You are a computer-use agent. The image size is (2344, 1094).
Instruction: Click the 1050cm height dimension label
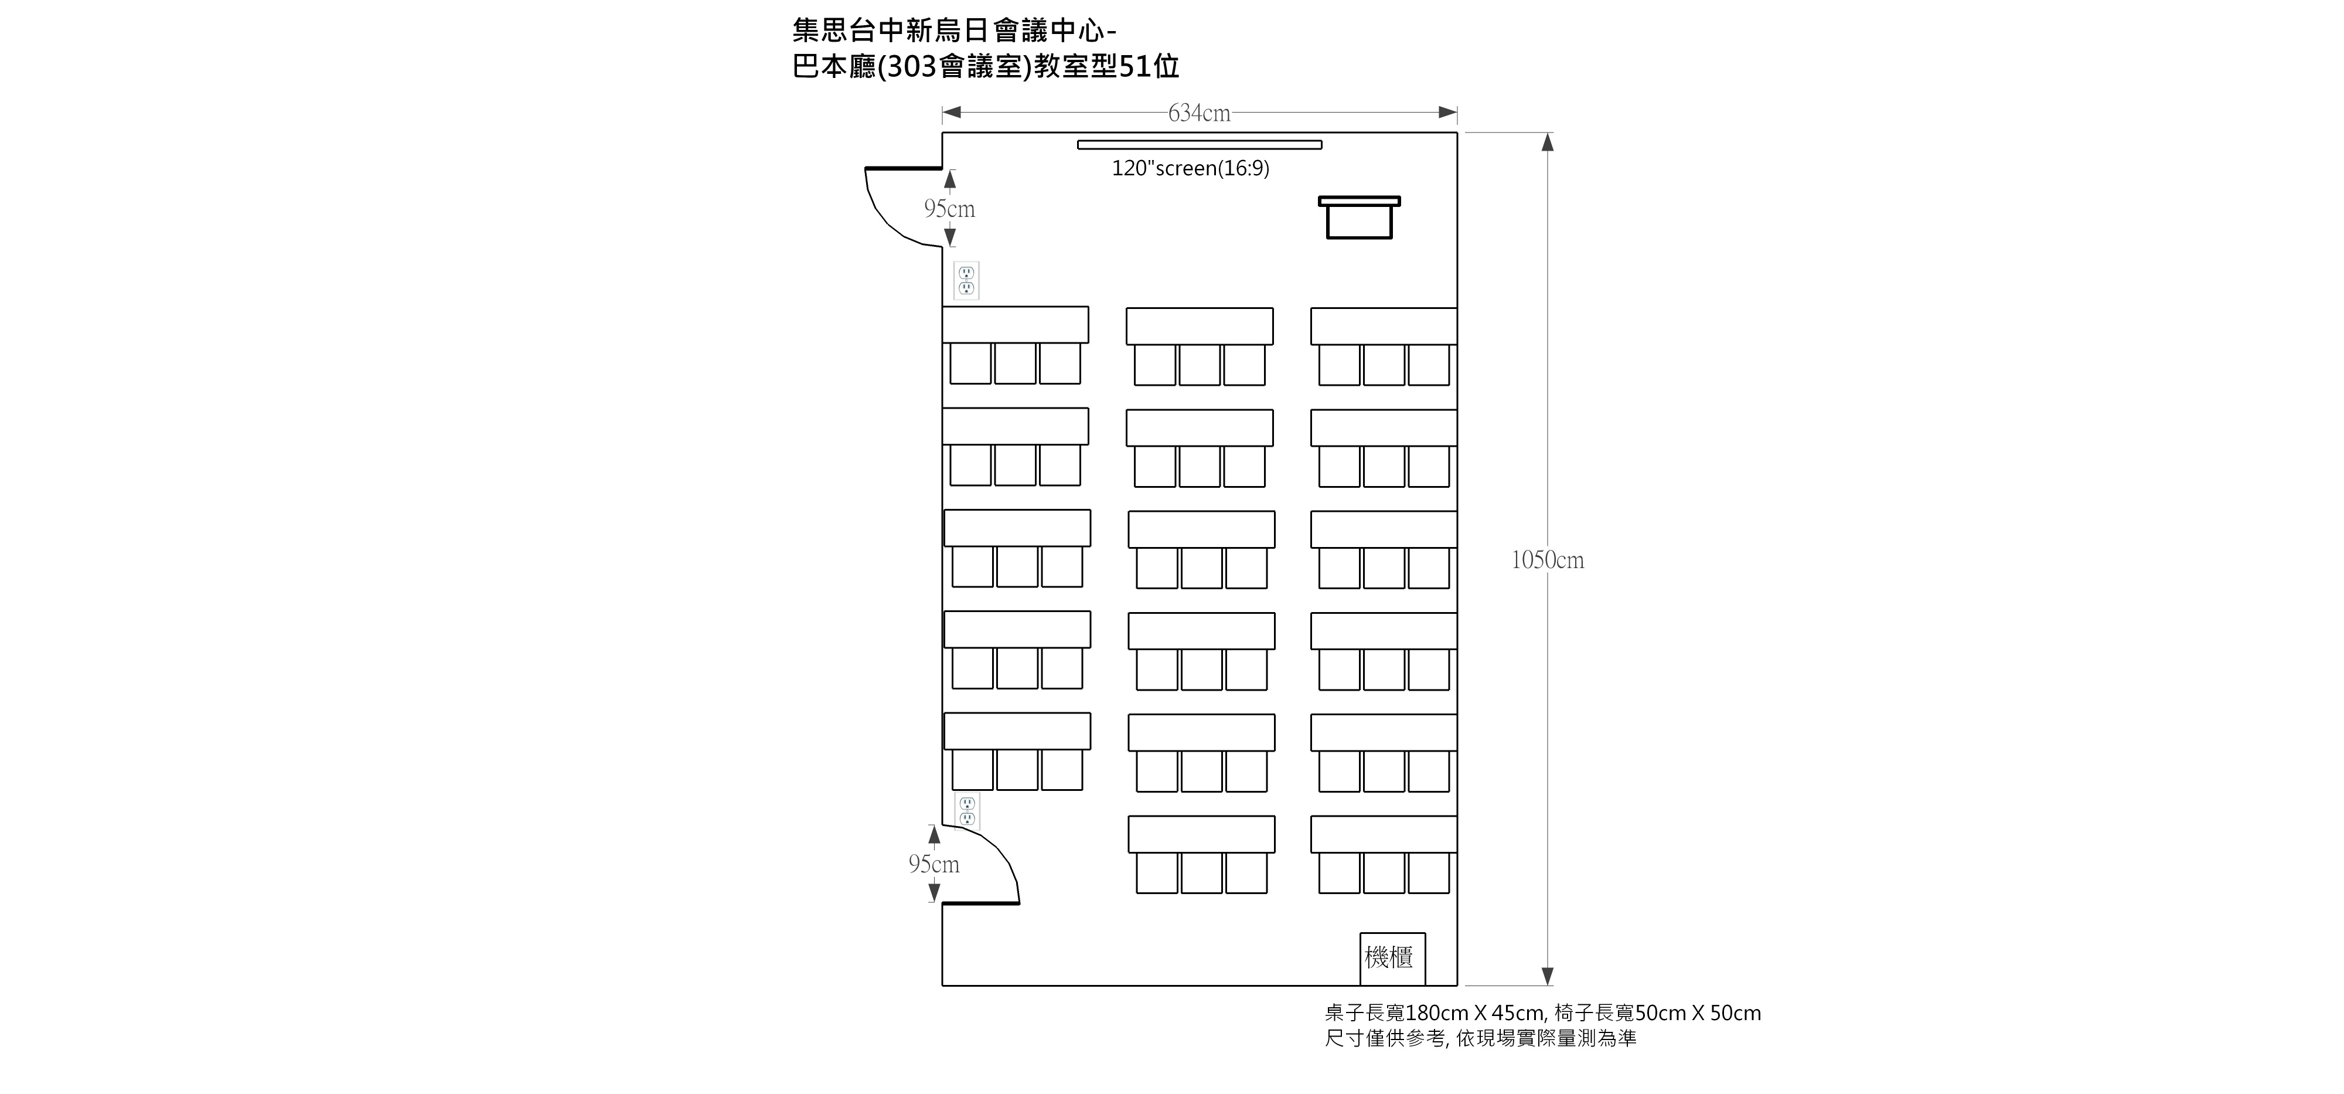[1547, 560]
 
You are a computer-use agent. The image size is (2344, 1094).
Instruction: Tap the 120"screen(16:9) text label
[1190, 168]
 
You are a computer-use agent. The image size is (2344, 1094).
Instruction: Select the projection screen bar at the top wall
[1200, 144]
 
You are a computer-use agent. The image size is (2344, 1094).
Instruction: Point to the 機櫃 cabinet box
[1392, 959]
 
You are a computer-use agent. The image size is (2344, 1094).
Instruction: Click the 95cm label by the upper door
[949, 209]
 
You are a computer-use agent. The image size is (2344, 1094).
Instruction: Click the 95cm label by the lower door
[933, 864]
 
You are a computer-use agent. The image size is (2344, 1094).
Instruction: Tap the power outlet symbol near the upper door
[966, 280]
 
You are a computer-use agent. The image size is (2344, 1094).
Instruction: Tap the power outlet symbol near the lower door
[967, 811]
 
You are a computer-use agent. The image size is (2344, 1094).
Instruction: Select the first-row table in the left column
[1016, 325]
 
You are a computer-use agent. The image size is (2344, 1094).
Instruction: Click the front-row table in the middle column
[1200, 327]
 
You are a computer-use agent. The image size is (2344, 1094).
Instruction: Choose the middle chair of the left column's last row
[1017, 770]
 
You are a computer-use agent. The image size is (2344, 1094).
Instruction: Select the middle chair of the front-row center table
[1200, 366]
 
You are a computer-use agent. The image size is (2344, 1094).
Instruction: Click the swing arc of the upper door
[887, 219]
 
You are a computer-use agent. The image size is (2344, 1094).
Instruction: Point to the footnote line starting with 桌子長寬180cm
[1542, 1013]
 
